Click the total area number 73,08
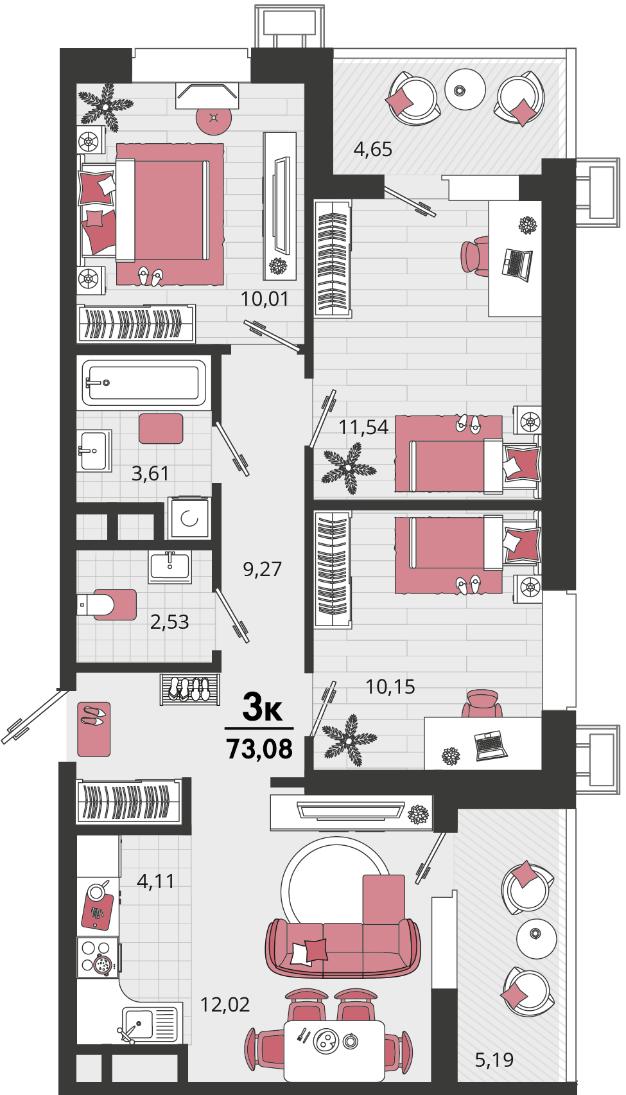pyautogui.click(x=259, y=749)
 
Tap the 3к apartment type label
pyautogui.click(x=263, y=708)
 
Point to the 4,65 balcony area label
pyautogui.click(x=373, y=149)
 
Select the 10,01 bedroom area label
pyautogui.click(x=265, y=299)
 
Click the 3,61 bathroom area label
pyautogui.click(x=150, y=473)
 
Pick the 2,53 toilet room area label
pyautogui.click(x=169, y=622)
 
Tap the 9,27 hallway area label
pyautogui.click(x=263, y=569)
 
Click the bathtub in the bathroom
pyautogui.click(x=144, y=383)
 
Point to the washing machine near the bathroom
pyautogui.click(x=189, y=518)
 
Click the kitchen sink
pyautogui.click(x=149, y=1022)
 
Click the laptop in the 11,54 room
pyautogui.click(x=517, y=265)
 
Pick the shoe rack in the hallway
pyautogui.click(x=190, y=689)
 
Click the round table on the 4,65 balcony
pyautogui.click(x=465, y=89)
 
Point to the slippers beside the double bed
pyautogui.click(x=150, y=276)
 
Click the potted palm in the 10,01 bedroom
pyautogui.click(x=106, y=107)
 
